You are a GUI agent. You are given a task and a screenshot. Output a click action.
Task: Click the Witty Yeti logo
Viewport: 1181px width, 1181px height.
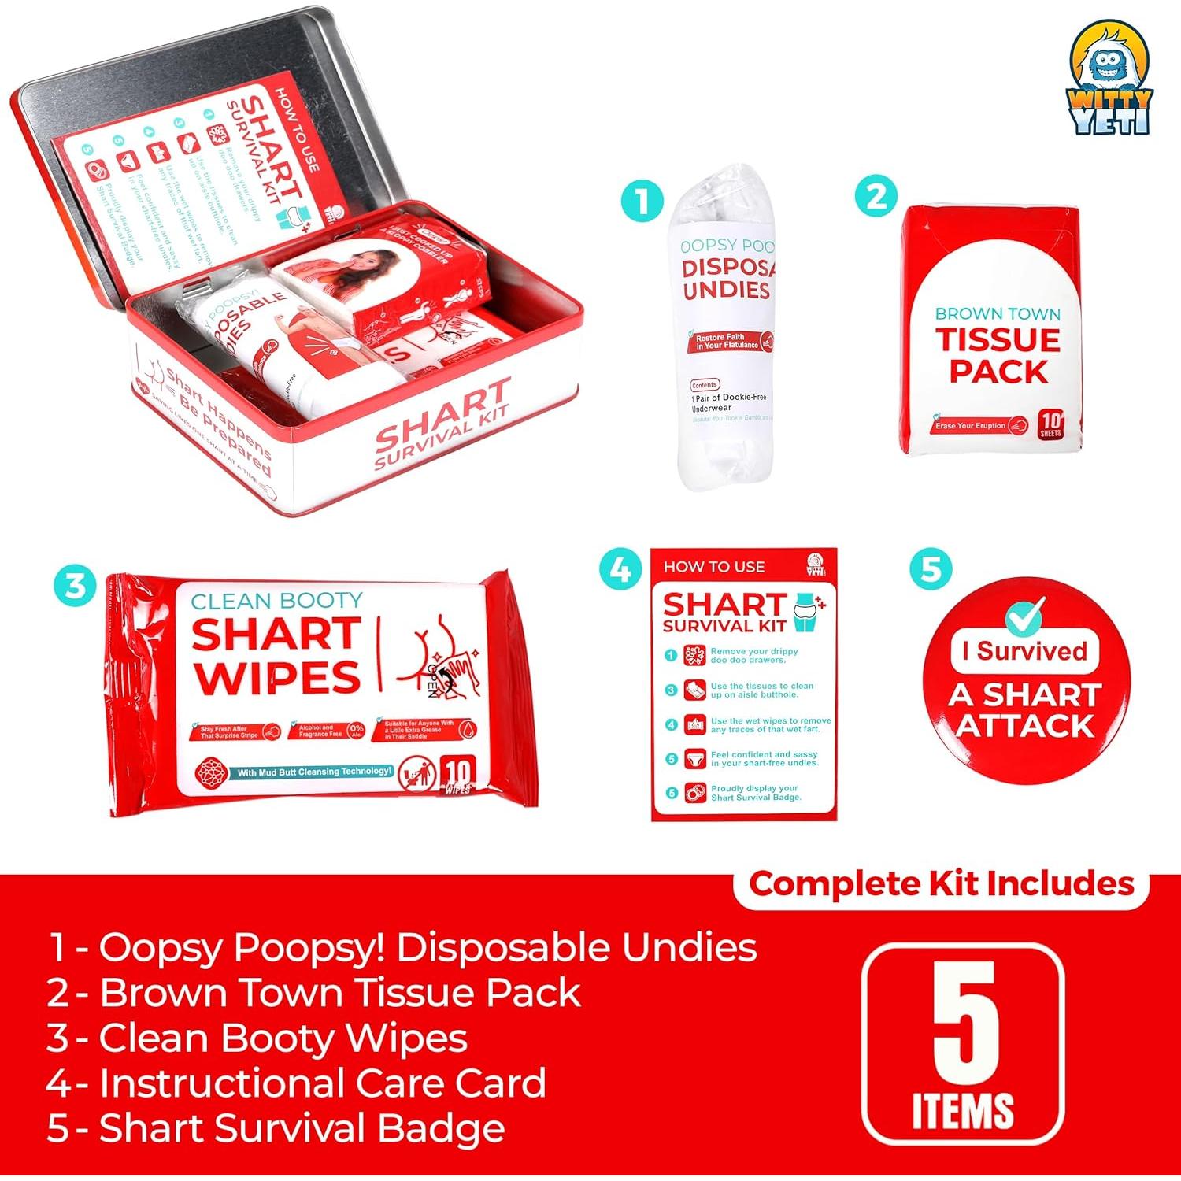[x=1111, y=80]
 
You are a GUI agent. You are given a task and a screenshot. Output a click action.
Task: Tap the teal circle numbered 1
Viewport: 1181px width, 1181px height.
[x=642, y=200]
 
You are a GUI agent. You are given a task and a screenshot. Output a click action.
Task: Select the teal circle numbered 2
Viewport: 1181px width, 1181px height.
[x=876, y=196]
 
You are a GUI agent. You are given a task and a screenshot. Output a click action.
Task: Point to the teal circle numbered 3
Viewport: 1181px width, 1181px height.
[x=75, y=587]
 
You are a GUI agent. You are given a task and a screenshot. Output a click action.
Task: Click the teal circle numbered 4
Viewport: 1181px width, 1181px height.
[x=620, y=568]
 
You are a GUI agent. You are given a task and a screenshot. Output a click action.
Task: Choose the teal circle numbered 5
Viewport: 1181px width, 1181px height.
[x=930, y=568]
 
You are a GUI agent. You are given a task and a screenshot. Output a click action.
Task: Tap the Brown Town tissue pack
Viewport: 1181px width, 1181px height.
[x=992, y=331]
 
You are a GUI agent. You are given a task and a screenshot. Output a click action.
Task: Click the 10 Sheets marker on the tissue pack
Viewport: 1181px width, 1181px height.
[x=1050, y=424]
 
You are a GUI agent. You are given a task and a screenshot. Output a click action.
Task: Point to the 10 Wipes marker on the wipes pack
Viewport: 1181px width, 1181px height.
[x=457, y=775]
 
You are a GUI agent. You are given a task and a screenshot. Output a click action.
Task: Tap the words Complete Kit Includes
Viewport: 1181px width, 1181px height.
[x=942, y=884]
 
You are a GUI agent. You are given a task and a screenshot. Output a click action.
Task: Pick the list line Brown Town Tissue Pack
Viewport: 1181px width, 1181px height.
[x=313, y=992]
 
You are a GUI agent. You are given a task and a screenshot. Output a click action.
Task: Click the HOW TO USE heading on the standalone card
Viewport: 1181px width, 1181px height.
[x=713, y=567]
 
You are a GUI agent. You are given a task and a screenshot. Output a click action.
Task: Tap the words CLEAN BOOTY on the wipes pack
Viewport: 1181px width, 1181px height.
[x=276, y=602]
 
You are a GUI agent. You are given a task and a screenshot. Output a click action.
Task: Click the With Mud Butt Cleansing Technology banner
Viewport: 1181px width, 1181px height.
[x=313, y=772]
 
